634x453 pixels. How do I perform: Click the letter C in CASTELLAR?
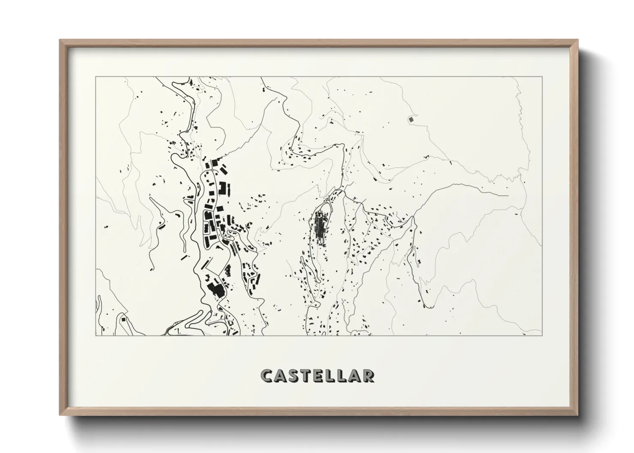coord(267,376)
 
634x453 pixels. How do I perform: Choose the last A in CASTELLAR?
coord(355,376)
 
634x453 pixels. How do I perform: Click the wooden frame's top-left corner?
coord(60,40)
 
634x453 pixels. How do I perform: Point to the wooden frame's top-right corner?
coord(578,40)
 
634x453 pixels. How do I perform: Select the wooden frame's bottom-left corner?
coord(60,415)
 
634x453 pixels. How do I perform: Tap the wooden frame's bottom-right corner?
coord(578,415)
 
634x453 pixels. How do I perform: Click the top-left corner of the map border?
coord(96,77)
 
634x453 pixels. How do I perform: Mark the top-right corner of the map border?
coord(542,77)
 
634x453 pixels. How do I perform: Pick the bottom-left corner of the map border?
coord(96,335)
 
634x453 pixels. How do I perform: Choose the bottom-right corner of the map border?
coord(542,335)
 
